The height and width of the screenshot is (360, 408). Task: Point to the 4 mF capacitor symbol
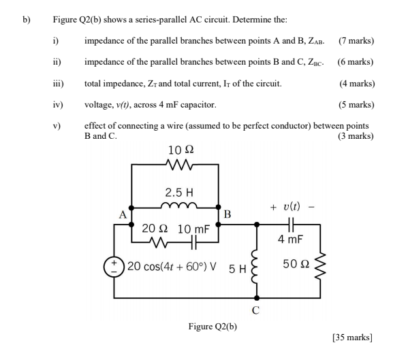coord(290,223)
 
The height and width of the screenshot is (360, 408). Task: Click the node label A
coord(123,214)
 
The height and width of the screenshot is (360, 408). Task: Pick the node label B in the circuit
coord(228,215)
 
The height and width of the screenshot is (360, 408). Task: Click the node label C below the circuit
coord(255,310)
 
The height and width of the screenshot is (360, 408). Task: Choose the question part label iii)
coord(59,84)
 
